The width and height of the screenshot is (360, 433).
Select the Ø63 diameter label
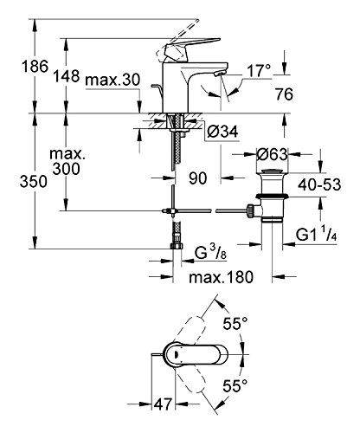coord(273,154)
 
